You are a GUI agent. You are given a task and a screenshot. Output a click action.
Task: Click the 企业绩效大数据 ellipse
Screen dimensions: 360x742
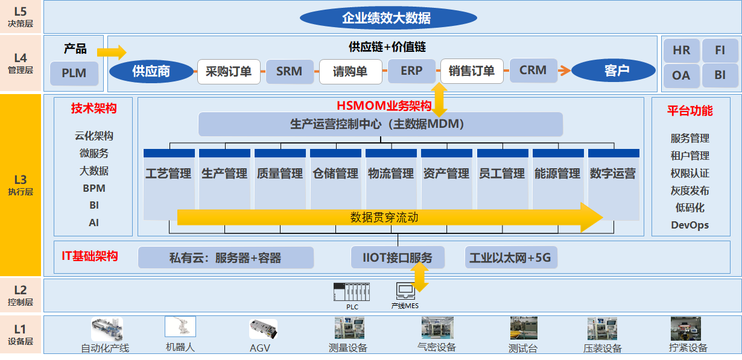(386, 18)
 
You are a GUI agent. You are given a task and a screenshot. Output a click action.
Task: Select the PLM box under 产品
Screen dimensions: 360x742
(74, 73)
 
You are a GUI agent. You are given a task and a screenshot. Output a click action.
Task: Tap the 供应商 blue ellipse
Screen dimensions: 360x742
(151, 72)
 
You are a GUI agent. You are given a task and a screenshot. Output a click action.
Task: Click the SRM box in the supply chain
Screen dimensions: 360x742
(289, 71)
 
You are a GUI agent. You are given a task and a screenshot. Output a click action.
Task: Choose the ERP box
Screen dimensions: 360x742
(411, 71)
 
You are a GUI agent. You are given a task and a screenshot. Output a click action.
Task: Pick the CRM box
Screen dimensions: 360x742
(533, 70)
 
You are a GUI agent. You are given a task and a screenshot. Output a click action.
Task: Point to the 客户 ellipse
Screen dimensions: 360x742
(614, 71)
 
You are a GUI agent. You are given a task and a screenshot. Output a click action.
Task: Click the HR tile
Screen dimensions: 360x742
(681, 51)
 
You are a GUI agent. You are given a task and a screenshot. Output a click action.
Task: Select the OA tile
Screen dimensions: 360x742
(681, 75)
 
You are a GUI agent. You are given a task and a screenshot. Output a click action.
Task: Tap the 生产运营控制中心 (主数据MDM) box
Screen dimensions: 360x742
(381, 124)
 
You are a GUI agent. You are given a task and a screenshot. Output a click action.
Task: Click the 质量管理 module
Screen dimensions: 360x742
(280, 174)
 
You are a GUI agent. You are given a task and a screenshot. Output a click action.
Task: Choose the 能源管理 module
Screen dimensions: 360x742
(557, 174)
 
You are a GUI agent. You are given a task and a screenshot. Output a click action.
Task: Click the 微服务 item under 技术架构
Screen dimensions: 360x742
(94, 154)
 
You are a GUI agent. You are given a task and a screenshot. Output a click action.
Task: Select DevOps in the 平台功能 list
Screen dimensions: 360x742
(690, 225)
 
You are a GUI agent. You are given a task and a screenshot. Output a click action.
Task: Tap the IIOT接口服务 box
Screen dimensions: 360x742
(398, 258)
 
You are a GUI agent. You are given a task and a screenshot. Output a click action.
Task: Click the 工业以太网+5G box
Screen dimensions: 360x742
(510, 258)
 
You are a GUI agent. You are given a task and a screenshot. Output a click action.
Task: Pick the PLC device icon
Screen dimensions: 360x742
(352, 292)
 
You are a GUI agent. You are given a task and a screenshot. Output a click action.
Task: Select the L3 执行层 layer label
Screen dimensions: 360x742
(21, 184)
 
